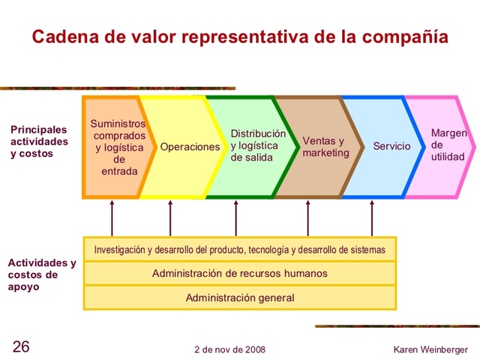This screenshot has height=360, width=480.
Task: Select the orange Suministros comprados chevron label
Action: coord(118,147)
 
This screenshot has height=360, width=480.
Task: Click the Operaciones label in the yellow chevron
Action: coord(190,147)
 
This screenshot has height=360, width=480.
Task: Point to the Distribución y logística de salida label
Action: coord(257,145)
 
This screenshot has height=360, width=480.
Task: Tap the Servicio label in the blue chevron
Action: coord(391,146)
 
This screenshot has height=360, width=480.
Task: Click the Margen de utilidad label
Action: coord(448,145)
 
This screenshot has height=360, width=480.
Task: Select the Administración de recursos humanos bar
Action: coord(239,273)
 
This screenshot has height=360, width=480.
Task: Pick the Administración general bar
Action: coord(239,298)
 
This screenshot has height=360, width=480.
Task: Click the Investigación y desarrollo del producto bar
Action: coord(239,249)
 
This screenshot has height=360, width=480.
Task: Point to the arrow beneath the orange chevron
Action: coord(112,218)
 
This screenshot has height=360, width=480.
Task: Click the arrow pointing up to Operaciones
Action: coord(170,218)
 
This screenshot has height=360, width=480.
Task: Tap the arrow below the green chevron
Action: coord(236,218)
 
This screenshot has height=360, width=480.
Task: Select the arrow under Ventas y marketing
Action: coord(307,218)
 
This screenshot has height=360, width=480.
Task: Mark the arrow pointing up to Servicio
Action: coord(372,218)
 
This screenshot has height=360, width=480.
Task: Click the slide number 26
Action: coord(21,347)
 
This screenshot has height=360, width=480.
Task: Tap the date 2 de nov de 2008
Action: coord(229,349)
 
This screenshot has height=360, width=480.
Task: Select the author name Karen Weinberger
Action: coord(430,349)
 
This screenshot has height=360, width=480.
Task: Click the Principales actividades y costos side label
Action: coord(39,141)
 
